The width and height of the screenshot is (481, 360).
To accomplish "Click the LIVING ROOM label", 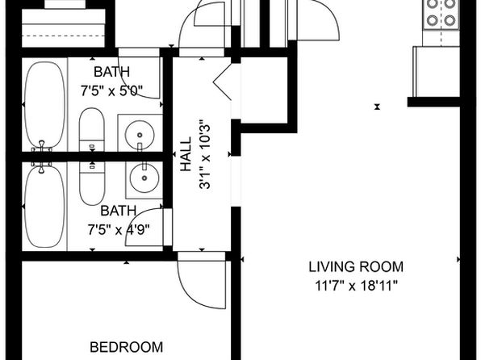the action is (356, 266).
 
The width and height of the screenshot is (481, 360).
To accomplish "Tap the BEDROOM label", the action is (127, 347).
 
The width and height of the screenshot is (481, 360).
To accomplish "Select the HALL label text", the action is (186, 153).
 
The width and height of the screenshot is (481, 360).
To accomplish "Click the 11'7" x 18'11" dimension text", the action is (357, 286).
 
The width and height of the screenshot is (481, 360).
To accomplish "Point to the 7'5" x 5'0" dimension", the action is (112, 91).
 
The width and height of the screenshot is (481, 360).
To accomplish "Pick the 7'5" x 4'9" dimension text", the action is (119, 229).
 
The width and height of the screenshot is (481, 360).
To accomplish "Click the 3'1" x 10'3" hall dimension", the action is (205, 153).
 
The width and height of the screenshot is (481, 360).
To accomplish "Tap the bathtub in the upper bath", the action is (44, 105).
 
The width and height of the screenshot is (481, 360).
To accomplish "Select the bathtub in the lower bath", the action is (44, 207).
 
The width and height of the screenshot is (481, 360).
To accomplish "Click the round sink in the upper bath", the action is (140, 135).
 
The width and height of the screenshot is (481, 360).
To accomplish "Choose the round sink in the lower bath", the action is (144, 178).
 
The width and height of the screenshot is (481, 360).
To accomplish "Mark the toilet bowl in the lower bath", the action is (92, 183).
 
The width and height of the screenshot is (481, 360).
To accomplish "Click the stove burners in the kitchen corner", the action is (441, 12).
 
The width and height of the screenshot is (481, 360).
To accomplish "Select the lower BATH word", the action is (119, 211).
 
